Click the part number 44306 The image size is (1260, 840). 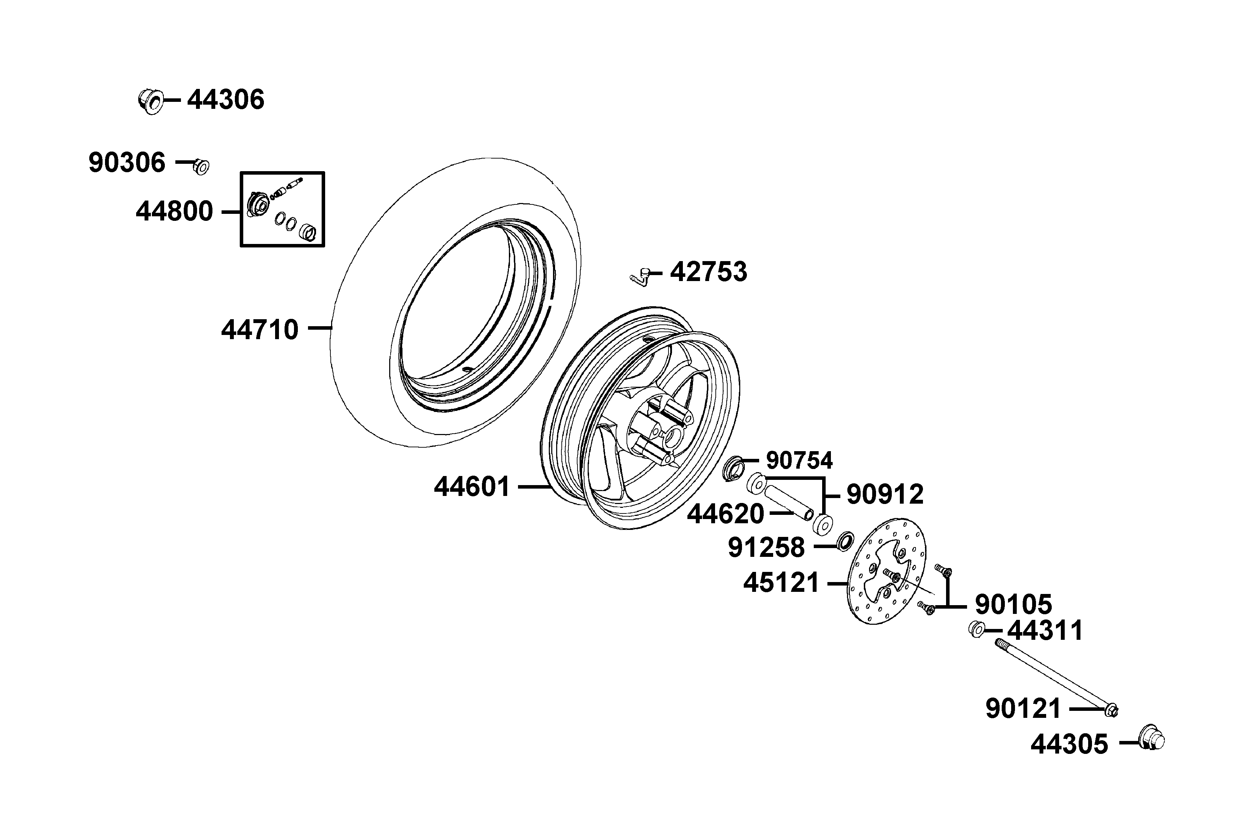[x=225, y=100]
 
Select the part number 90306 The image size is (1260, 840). [x=127, y=162]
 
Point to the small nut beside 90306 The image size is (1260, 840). [x=201, y=167]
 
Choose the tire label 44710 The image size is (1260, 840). [x=260, y=329]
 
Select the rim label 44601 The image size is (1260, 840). [x=472, y=487]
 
